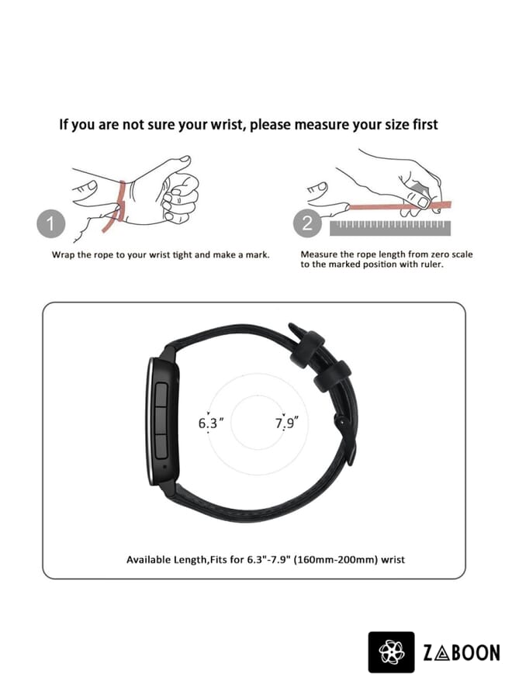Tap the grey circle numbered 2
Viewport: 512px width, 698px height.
click(x=308, y=225)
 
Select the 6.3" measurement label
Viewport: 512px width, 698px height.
click(x=210, y=423)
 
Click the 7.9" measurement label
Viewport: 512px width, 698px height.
click(x=286, y=423)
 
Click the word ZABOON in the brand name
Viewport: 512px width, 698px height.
click(x=462, y=653)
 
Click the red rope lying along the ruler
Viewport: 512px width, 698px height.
click(x=388, y=208)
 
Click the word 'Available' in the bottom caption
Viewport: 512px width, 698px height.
click(x=150, y=558)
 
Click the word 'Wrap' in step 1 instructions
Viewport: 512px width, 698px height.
click(x=64, y=254)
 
